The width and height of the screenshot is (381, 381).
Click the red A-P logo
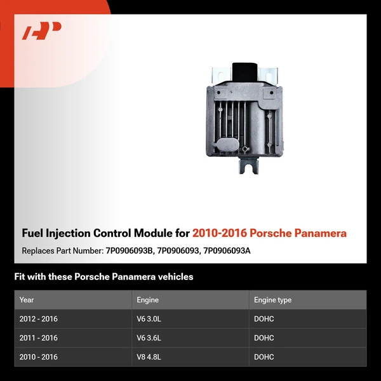(x=41, y=30)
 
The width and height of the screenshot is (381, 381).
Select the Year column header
(x=27, y=300)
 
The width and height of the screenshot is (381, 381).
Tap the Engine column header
(x=147, y=300)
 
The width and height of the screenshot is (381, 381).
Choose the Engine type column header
(x=272, y=300)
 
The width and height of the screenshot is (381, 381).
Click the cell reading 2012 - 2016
(x=38, y=319)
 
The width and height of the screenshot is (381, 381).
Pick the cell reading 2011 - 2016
(x=38, y=338)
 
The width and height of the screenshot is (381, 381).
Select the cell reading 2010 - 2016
(x=38, y=357)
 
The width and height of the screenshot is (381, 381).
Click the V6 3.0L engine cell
(x=150, y=319)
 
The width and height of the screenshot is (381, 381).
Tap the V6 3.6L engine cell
(x=150, y=338)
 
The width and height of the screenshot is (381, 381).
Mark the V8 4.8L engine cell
(x=150, y=357)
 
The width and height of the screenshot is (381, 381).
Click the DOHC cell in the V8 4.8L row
(x=264, y=357)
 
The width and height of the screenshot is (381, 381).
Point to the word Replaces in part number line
(x=39, y=251)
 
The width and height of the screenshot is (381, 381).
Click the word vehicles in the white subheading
(x=174, y=277)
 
